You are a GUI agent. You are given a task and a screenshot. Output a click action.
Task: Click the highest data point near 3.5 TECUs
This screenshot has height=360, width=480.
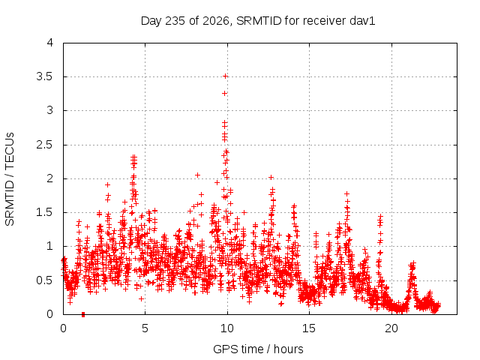(x=225, y=76)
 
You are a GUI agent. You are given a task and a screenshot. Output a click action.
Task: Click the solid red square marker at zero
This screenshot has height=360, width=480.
(x=83, y=314)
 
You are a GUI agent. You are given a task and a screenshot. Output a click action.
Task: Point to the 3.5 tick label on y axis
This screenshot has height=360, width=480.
(x=45, y=76)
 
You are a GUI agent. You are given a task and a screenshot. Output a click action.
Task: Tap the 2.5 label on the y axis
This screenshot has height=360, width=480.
(x=45, y=145)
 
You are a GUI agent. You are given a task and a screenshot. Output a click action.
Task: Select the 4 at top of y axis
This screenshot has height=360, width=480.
(x=50, y=43)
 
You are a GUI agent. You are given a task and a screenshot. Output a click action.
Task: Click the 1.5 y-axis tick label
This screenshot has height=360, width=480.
(x=45, y=212)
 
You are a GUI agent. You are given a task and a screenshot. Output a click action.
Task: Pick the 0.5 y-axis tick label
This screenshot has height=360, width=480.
(x=45, y=280)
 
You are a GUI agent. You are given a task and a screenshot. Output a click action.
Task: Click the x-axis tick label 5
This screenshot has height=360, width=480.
(x=145, y=328)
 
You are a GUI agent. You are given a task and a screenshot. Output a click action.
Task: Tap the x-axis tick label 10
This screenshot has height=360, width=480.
(x=227, y=328)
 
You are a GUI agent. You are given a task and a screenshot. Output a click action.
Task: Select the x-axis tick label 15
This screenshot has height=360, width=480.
(x=309, y=328)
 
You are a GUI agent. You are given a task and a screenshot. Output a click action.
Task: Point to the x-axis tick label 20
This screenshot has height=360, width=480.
(x=391, y=328)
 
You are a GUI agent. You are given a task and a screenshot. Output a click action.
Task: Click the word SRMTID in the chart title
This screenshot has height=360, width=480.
(x=259, y=21)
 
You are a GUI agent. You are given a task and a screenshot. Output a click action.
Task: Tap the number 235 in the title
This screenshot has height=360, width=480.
(x=175, y=21)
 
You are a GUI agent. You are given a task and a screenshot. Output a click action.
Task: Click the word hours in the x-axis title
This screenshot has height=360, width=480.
(x=288, y=349)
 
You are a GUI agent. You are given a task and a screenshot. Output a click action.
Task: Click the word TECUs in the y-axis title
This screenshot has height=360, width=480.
(x=10, y=151)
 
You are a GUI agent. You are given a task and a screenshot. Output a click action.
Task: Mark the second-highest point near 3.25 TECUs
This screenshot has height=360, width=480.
(x=225, y=93)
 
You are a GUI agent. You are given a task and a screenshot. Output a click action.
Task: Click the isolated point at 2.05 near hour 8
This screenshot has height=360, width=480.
(x=197, y=175)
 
